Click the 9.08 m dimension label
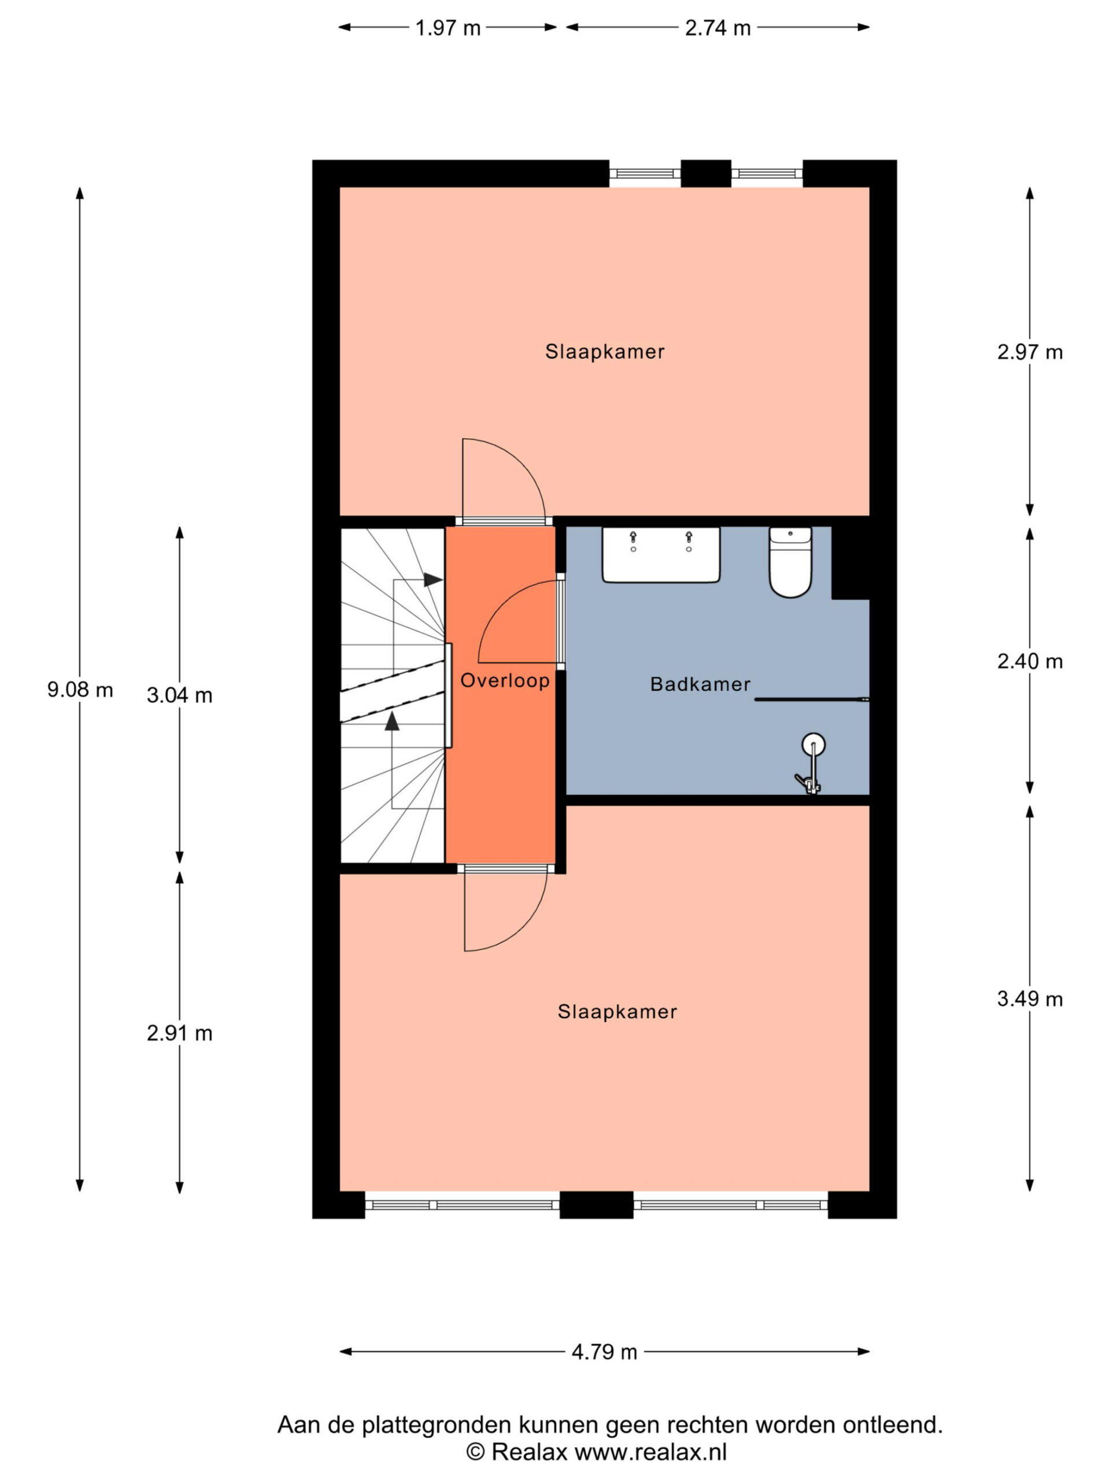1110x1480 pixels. pyautogui.click(x=80, y=689)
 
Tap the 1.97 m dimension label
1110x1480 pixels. pyautogui.click(x=447, y=28)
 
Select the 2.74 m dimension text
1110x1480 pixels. pyautogui.click(x=717, y=28)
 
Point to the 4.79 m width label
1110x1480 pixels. pyautogui.click(x=604, y=1352)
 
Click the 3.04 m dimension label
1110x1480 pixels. pyautogui.click(x=179, y=695)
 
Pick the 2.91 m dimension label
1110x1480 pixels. pyautogui.click(x=179, y=1033)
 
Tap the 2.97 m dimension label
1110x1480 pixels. pyautogui.click(x=1030, y=352)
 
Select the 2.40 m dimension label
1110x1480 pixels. pyautogui.click(x=1030, y=661)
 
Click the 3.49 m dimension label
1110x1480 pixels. pyautogui.click(x=1030, y=999)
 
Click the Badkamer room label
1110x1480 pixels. pyautogui.click(x=700, y=684)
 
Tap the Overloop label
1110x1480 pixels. pyautogui.click(x=505, y=680)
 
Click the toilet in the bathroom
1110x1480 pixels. pyautogui.click(x=790, y=561)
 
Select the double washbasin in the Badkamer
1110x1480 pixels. pyautogui.click(x=660, y=554)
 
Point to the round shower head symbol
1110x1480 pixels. pyautogui.click(x=813, y=744)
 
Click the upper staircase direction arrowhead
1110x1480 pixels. pyautogui.click(x=433, y=579)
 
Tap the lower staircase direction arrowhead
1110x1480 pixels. pyautogui.click(x=392, y=720)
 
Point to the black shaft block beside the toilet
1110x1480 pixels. pyautogui.click(x=850, y=563)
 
